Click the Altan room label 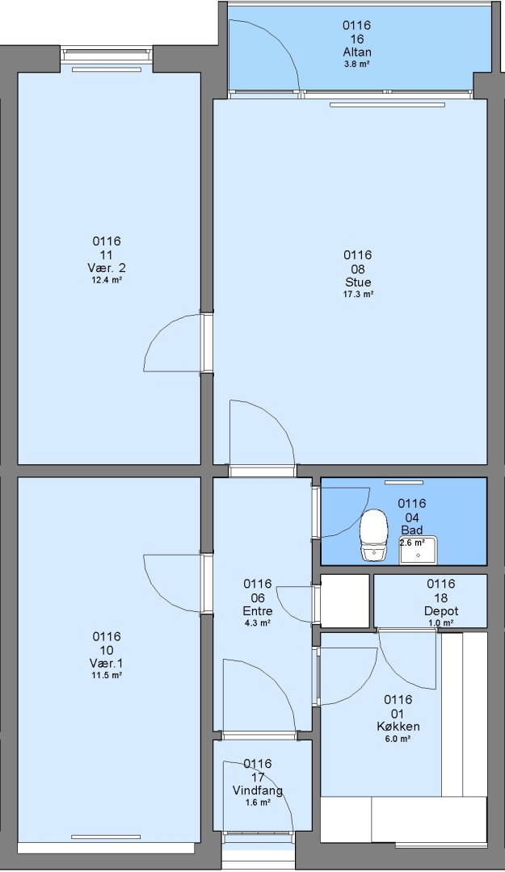point(357,52)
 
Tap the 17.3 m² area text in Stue point(357,295)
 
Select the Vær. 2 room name point(107,268)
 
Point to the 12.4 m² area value point(107,280)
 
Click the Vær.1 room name point(107,664)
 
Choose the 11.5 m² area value point(107,676)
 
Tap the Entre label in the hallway point(257,611)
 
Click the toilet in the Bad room point(373,535)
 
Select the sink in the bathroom point(419,551)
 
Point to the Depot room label point(441,611)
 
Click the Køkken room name point(398,727)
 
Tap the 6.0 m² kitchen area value point(398,739)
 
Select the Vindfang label point(257,790)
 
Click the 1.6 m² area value point(257,803)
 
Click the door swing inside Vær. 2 point(162,333)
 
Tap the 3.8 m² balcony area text point(357,64)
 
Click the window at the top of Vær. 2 point(107,55)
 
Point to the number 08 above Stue point(357,269)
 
